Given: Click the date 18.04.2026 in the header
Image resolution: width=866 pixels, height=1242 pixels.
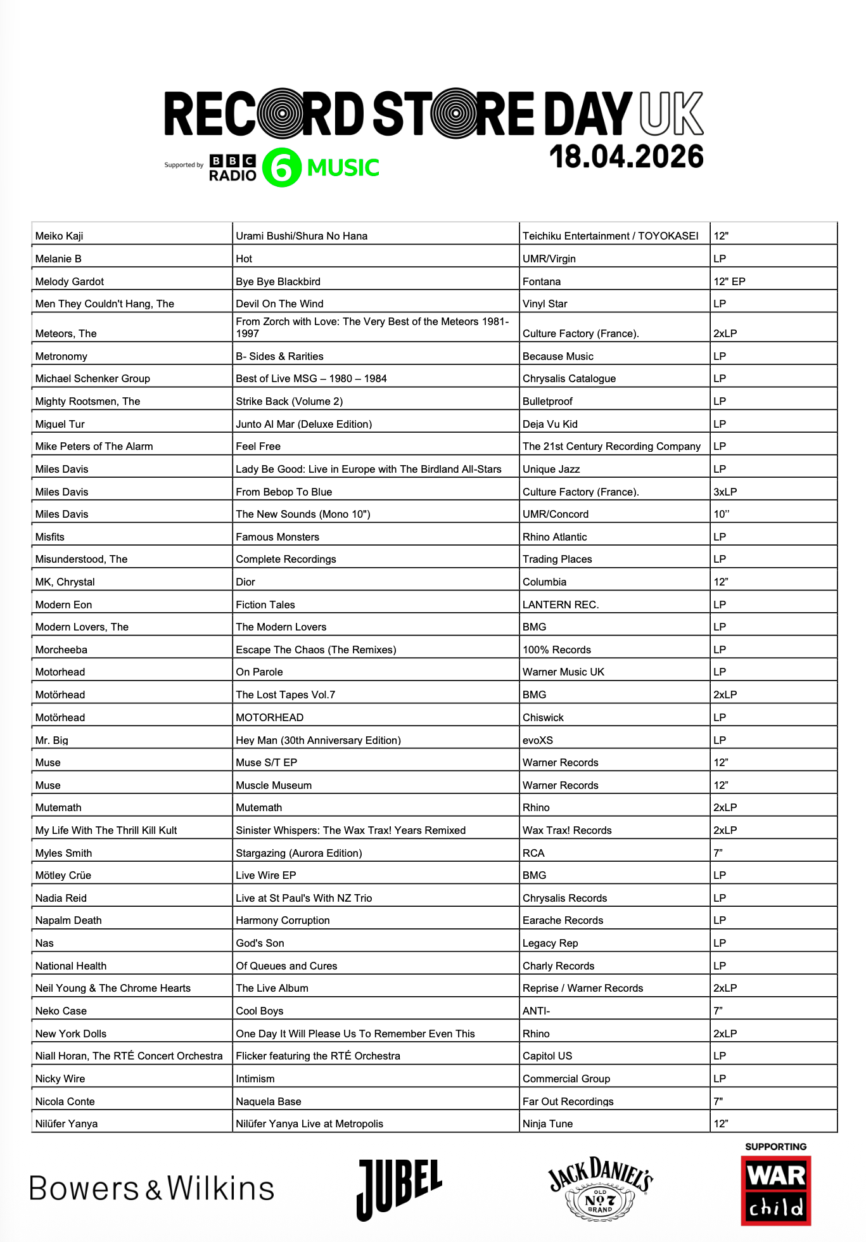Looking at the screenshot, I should click(626, 157).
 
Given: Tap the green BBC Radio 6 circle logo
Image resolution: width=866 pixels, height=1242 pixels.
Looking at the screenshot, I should click(281, 168).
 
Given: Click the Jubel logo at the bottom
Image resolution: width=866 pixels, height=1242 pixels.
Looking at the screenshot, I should click(399, 1189).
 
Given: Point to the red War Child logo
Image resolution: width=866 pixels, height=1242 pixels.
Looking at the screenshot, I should click(776, 1191).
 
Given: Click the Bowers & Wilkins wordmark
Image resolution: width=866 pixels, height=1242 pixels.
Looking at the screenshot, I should click(152, 1189).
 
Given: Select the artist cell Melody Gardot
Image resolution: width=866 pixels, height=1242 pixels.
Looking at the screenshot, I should click(70, 281).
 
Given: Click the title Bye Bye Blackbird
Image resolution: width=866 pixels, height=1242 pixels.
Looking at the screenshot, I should click(278, 281).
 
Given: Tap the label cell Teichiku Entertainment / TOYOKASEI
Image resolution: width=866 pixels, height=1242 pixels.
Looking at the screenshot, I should click(610, 236).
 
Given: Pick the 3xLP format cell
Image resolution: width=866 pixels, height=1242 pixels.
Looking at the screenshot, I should click(725, 492).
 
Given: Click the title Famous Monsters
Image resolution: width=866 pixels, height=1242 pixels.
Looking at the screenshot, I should click(277, 537).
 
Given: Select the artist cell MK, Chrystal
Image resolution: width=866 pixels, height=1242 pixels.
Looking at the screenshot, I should click(65, 582).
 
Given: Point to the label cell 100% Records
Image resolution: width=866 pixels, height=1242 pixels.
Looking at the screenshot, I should click(556, 650).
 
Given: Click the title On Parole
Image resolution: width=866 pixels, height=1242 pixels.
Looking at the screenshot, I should click(259, 672).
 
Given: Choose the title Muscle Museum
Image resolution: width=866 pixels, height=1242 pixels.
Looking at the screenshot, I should click(274, 785).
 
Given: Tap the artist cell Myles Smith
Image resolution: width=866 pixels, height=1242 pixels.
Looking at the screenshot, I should click(63, 853).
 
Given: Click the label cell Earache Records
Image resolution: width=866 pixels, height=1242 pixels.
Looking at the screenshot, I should click(563, 920).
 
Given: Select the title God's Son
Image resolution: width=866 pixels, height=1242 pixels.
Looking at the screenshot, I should click(260, 943).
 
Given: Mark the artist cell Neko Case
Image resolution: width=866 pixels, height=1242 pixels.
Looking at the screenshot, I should click(61, 1011).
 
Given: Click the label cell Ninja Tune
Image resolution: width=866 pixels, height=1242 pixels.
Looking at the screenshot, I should click(547, 1124).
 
